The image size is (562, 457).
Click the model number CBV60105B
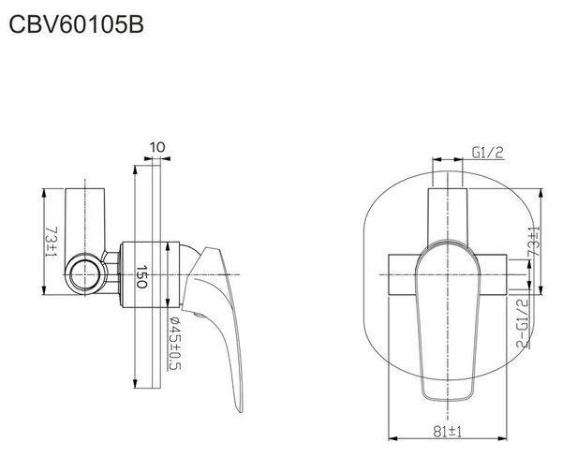point(76,24)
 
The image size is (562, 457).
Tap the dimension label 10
point(157,147)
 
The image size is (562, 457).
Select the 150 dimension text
point(142,276)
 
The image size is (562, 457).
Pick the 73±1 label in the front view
point(534,242)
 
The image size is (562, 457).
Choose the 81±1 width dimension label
point(448,431)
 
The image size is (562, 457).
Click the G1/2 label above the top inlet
point(488,153)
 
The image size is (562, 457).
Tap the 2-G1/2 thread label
point(523,323)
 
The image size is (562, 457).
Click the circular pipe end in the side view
point(85,274)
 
